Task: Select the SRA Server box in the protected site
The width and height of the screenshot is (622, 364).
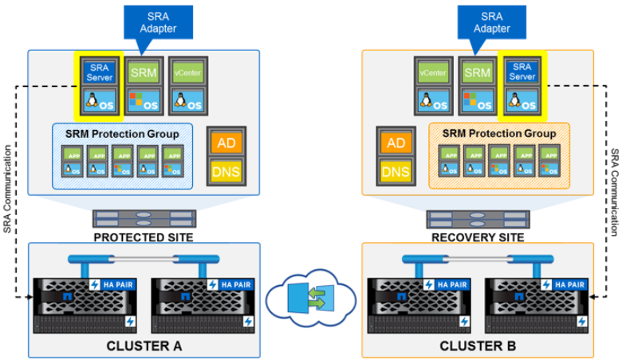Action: point(99,72)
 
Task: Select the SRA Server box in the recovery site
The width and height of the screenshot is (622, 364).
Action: point(522,72)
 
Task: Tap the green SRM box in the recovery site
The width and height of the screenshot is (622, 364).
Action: point(477,72)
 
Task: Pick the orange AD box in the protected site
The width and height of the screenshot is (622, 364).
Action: point(225,142)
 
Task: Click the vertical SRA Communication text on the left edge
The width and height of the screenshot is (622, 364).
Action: point(7,189)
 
